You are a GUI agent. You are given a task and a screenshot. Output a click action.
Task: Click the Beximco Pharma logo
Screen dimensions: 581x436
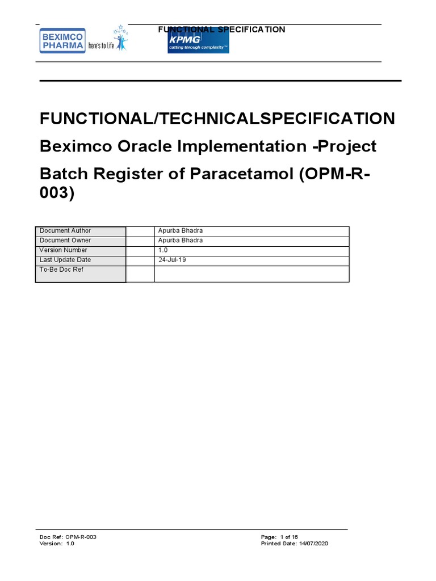click(x=61, y=41)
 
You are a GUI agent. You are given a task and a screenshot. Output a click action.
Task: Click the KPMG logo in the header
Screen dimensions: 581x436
click(x=198, y=43)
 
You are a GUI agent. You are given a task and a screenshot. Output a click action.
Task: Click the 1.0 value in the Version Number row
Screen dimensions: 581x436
click(x=163, y=250)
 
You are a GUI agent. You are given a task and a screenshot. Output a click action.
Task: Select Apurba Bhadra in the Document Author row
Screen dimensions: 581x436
click(x=180, y=231)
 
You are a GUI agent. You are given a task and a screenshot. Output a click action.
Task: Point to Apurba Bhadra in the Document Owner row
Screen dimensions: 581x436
click(x=180, y=241)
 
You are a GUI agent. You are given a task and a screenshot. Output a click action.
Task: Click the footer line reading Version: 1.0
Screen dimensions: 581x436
click(x=57, y=544)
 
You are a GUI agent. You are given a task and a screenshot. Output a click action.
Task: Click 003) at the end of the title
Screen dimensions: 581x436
click(x=57, y=193)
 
